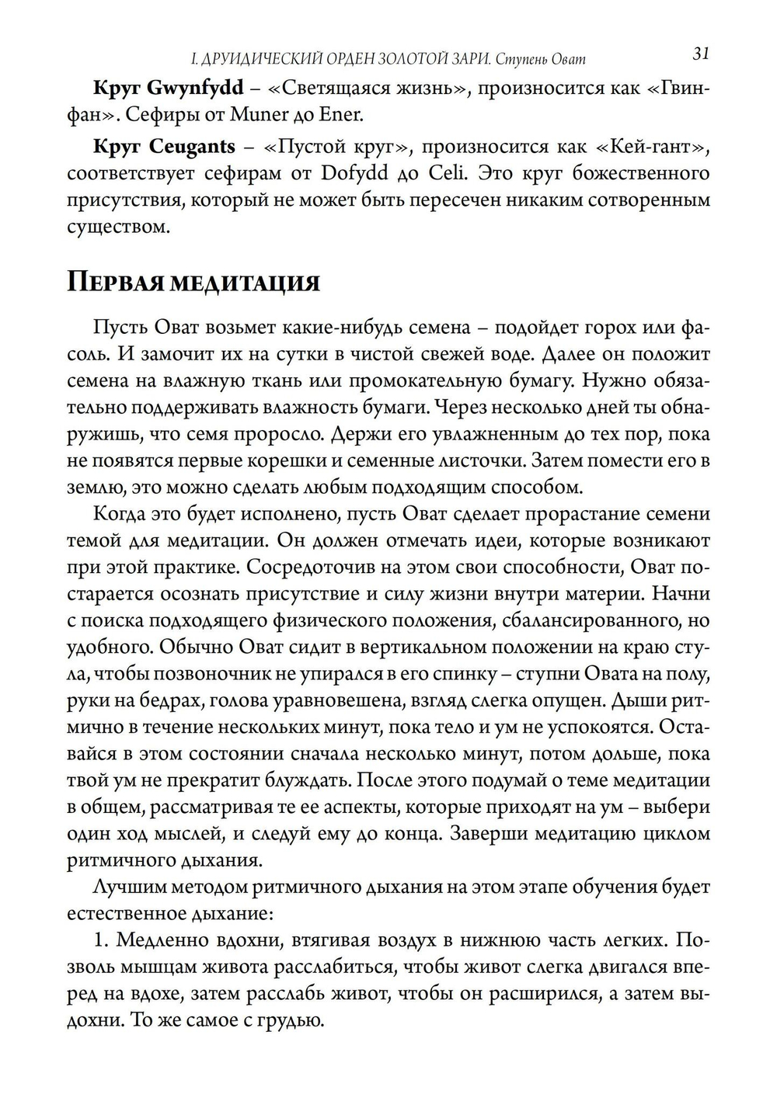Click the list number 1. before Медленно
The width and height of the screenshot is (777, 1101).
[x=102, y=940]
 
